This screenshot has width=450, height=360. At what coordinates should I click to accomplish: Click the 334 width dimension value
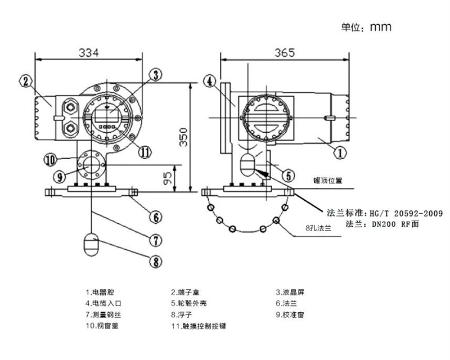point(88,52)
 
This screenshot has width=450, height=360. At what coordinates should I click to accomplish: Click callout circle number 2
point(25,82)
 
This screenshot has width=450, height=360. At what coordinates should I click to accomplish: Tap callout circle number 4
point(209,82)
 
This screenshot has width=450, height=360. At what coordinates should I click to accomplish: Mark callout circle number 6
point(157,215)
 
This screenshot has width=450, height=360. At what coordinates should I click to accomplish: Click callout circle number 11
point(145,151)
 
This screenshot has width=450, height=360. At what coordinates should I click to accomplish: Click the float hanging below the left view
point(91,244)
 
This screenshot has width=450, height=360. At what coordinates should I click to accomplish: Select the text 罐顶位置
point(327,181)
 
